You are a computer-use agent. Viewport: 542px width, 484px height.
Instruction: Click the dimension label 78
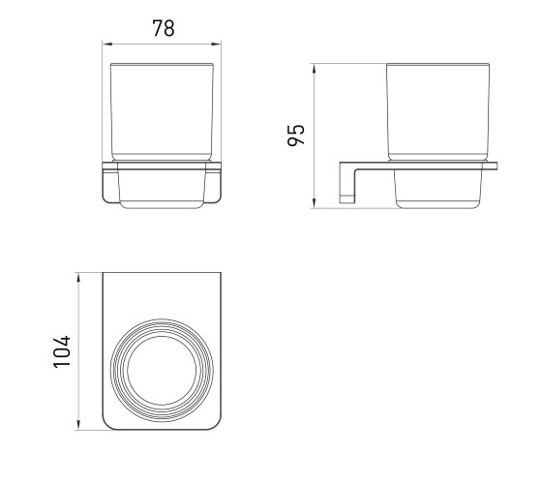[164, 28]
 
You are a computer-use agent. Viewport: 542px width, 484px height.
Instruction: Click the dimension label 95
[296, 135]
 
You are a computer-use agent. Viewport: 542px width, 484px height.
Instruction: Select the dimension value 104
[62, 351]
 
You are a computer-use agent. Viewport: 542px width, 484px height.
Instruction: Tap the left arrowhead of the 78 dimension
[106, 44]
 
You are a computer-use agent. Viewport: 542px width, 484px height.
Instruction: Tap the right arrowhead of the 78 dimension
[217, 44]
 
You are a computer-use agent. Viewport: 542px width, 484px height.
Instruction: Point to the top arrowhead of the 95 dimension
[314, 69]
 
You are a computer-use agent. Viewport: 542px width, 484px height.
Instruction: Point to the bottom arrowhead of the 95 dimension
[314, 203]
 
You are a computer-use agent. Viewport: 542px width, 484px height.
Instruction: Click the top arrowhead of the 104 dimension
[78, 278]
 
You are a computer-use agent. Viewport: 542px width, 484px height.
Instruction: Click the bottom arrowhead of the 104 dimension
[78, 425]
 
